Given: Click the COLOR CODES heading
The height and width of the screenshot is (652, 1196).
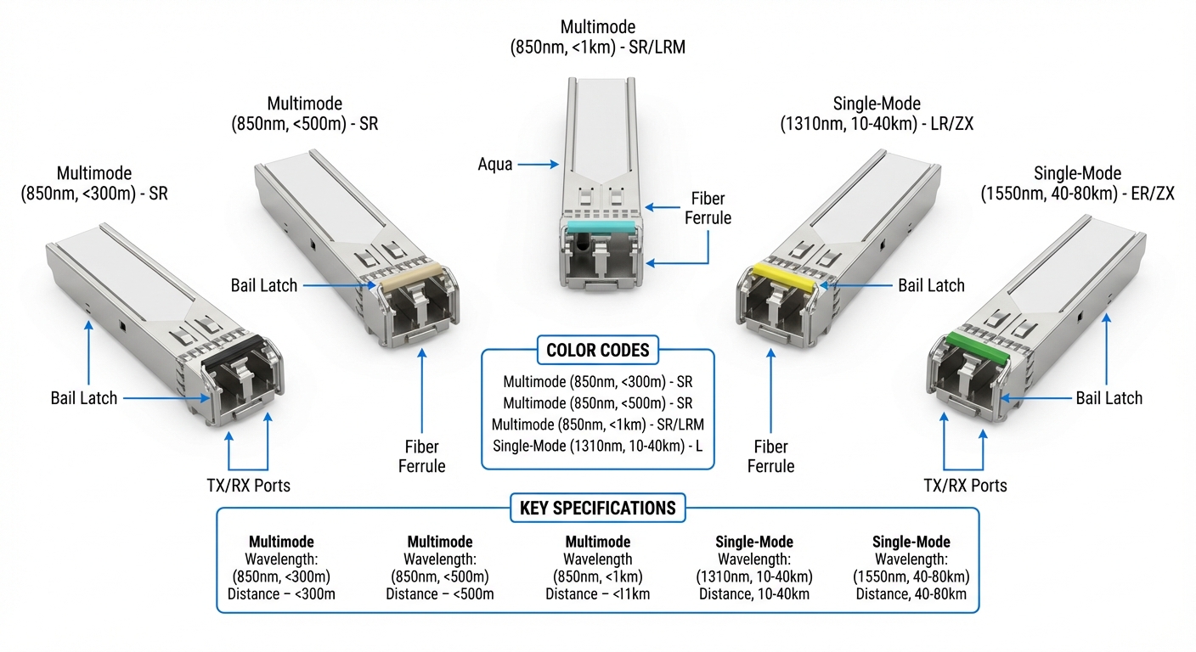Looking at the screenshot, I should (598, 350).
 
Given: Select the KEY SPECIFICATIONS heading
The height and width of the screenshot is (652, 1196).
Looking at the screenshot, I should (597, 508).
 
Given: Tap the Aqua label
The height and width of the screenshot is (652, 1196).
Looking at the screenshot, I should (495, 164).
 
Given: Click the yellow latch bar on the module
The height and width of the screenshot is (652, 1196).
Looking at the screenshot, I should (786, 276).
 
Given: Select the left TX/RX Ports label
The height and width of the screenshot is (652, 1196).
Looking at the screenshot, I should (250, 486).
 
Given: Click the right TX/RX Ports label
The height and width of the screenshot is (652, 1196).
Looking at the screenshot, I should (965, 486).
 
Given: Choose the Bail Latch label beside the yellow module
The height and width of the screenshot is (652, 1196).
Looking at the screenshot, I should (931, 285).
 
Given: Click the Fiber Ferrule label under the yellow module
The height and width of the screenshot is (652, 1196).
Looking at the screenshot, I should (770, 456).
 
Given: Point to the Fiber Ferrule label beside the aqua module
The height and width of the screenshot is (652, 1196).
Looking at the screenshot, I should (708, 208).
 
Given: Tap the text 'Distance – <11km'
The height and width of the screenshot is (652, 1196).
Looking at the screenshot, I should (597, 593).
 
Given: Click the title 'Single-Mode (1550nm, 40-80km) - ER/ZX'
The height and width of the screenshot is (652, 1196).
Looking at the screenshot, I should (1077, 183).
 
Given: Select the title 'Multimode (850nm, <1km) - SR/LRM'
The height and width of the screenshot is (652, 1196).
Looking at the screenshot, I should (598, 38).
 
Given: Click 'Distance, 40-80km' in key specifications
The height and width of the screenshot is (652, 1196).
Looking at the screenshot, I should (911, 593).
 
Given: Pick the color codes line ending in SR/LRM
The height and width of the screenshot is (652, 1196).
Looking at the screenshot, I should (598, 423).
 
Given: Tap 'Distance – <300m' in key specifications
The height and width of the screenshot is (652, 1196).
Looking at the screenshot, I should (281, 593).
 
